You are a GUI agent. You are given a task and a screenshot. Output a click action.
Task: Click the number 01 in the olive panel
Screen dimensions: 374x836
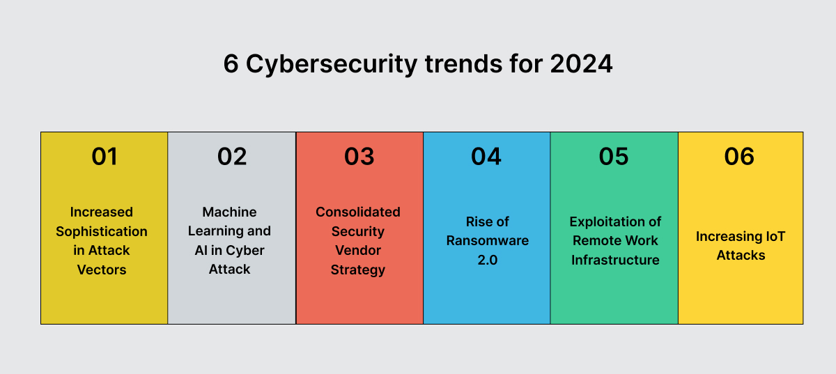104,157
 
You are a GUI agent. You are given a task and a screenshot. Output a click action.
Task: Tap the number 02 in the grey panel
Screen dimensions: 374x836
231,157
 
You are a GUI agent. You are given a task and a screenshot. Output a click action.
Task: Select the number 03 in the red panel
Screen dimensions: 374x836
359,157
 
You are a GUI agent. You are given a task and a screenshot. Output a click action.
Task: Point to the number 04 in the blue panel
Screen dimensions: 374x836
486,157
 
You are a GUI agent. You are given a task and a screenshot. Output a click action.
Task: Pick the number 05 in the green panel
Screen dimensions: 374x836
614,157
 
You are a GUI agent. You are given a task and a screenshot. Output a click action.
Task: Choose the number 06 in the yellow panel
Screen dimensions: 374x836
739,157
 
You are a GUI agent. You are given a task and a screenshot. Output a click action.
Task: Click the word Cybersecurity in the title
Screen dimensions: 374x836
330,64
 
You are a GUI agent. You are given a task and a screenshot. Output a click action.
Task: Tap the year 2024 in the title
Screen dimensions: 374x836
581,64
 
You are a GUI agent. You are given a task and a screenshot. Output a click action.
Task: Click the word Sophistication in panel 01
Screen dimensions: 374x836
102,231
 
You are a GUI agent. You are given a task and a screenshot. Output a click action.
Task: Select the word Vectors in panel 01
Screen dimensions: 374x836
102,269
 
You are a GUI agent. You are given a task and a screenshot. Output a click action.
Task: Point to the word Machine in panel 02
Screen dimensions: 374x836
230,212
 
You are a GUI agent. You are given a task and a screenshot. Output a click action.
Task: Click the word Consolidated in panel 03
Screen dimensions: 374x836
358,212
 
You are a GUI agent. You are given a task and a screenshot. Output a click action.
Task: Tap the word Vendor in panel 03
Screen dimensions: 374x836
358,250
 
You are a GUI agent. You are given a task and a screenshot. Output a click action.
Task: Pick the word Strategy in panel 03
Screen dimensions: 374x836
358,269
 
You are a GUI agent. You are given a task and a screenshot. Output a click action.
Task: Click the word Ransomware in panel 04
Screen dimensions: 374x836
487,240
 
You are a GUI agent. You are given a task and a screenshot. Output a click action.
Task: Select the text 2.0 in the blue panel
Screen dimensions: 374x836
487,260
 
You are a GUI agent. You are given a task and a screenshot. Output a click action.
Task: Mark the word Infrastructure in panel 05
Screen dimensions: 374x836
615,260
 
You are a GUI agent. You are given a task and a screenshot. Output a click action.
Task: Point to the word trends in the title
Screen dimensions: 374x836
457,64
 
